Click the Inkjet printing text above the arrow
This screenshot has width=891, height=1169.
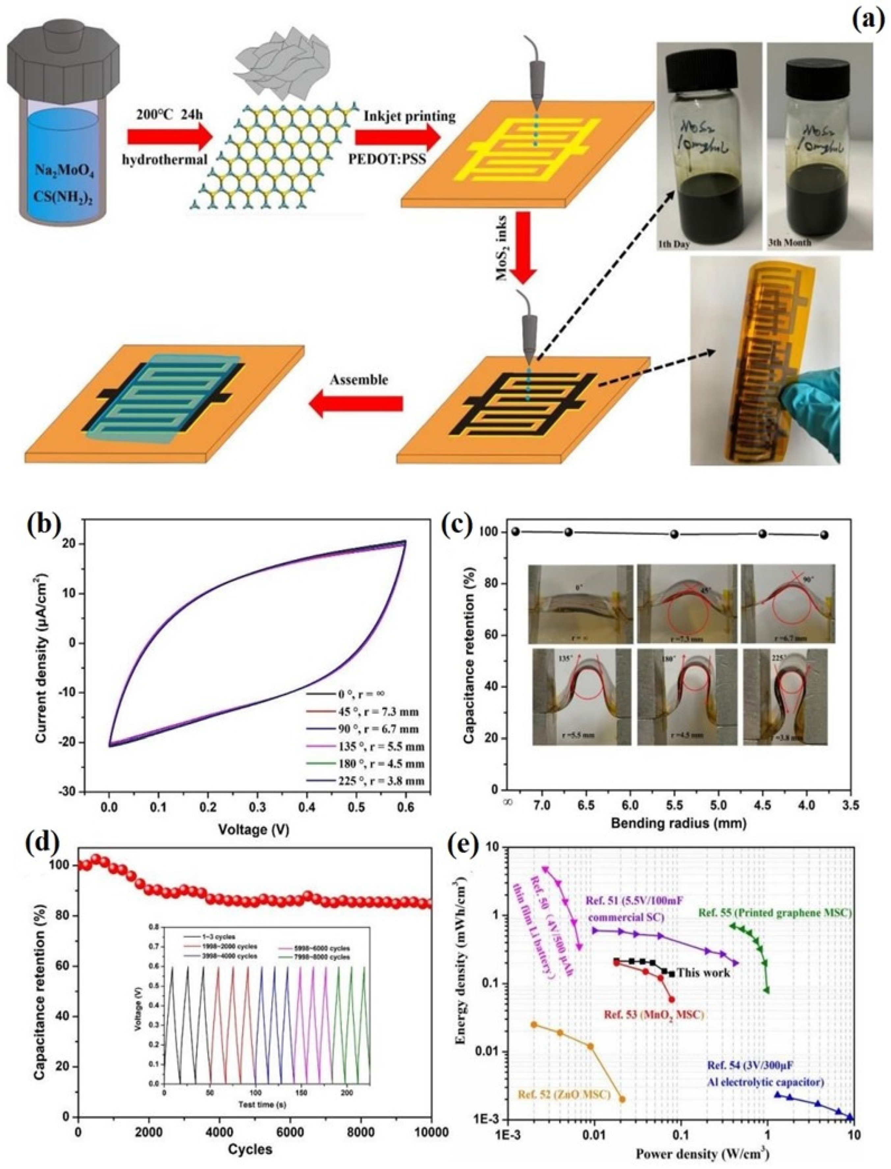tap(409, 116)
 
